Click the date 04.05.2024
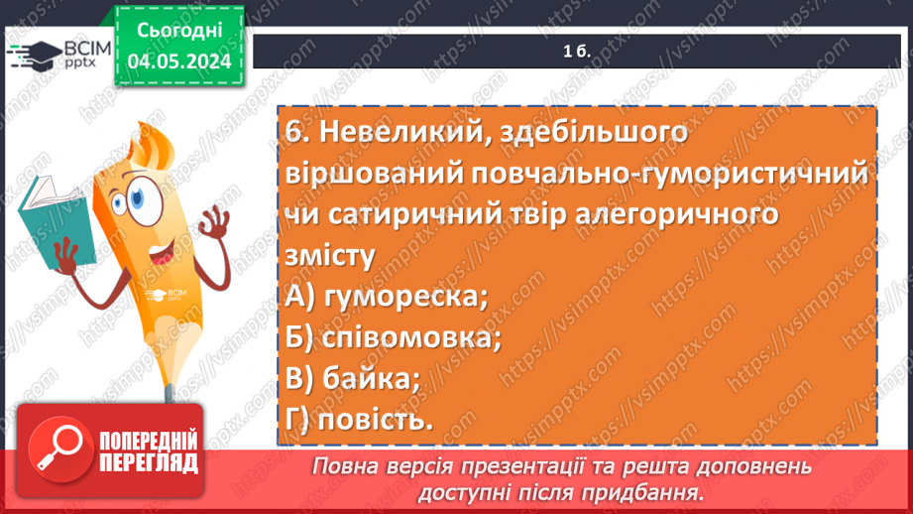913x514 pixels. (178, 62)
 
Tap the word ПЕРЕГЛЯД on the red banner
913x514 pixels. (147, 463)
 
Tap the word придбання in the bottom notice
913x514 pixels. (652, 491)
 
